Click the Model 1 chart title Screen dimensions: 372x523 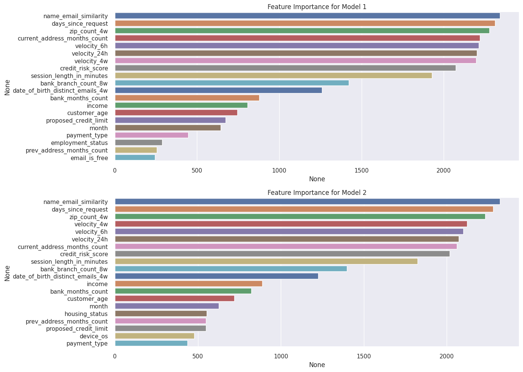(x=317, y=7)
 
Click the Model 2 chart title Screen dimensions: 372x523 (x=317, y=193)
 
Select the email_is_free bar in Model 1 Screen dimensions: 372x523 (x=135, y=158)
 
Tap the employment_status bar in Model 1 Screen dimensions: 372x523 (x=138, y=143)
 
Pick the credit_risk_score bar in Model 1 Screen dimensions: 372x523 (x=285, y=68)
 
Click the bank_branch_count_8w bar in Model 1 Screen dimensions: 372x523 (x=232, y=83)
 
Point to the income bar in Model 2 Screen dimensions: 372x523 (x=189, y=284)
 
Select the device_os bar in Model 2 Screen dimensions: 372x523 (x=155, y=336)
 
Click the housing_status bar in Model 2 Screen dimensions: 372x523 (x=161, y=314)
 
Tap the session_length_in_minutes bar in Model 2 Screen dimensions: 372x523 (x=266, y=261)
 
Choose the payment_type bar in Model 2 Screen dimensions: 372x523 (x=151, y=344)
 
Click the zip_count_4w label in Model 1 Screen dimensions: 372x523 (x=88, y=31)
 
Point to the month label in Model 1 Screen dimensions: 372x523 (x=98, y=128)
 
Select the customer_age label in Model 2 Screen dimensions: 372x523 (x=87, y=299)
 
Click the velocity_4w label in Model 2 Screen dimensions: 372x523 (x=91, y=224)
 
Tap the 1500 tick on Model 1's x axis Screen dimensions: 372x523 (x=362, y=171)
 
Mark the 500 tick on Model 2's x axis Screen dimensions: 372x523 (x=198, y=356)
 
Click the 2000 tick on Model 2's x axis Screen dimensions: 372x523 (x=447, y=356)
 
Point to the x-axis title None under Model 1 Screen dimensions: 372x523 (x=317, y=179)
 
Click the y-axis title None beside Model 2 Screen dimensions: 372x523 (x=7, y=273)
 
